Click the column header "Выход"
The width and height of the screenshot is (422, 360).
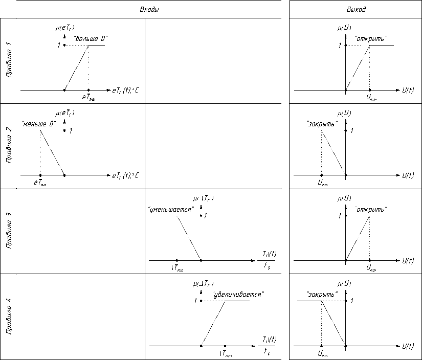[x=356, y=10]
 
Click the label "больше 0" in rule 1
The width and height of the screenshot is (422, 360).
[x=91, y=38]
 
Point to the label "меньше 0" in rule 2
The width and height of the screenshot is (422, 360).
[x=38, y=124]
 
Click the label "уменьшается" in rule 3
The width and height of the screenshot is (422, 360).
[x=170, y=210]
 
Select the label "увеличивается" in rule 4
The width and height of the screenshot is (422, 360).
[x=238, y=295]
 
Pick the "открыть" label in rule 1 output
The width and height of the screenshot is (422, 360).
[x=371, y=38]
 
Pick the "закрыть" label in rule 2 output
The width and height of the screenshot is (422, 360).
[x=321, y=124]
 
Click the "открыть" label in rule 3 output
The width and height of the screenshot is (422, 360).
[x=371, y=210]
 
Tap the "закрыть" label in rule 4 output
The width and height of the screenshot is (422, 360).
[x=321, y=295]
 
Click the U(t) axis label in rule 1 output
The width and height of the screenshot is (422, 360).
[x=408, y=90]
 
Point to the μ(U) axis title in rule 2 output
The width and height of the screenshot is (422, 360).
[x=344, y=112]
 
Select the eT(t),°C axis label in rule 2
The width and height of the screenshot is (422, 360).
[x=125, y=175]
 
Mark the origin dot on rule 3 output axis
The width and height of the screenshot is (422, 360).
[x=346, y=261]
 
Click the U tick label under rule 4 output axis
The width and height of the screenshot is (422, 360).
[x=322, y=353]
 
